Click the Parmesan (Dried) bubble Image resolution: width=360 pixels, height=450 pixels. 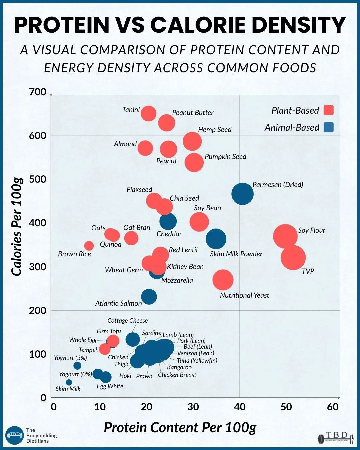tap(242, 194)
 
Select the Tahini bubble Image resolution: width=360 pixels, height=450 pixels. tap(148, 114)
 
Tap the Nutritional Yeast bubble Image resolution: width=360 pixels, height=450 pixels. tap(223, 280)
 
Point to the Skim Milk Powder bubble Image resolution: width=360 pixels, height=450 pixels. tap(216, 239)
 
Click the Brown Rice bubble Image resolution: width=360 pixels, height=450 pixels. tap(89, 246)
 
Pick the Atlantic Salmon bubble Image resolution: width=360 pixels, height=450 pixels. tap(149, 297)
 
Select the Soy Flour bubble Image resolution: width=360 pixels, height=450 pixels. tap(285, 236)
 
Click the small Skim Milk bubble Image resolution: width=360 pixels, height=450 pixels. tap(69, 382)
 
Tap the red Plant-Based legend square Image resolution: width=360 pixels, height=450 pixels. tap(329, 110)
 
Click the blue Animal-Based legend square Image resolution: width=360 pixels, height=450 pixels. tap(329, 127)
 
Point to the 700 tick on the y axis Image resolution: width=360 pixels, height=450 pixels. tap(38, 92)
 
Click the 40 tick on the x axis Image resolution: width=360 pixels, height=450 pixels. tap(240, 407)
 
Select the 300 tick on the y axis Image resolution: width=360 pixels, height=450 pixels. tap(38, 267)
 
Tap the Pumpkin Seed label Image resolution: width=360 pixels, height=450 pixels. tap(225, 157)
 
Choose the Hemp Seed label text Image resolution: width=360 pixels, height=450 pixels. tap(215, 130)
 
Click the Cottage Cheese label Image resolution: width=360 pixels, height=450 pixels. tap(127, 321)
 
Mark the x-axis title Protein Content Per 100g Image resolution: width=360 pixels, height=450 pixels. tap(180, 428)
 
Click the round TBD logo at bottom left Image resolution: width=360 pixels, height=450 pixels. tap(14, 435)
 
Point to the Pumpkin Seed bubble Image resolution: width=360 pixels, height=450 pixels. tap(194, 163)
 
